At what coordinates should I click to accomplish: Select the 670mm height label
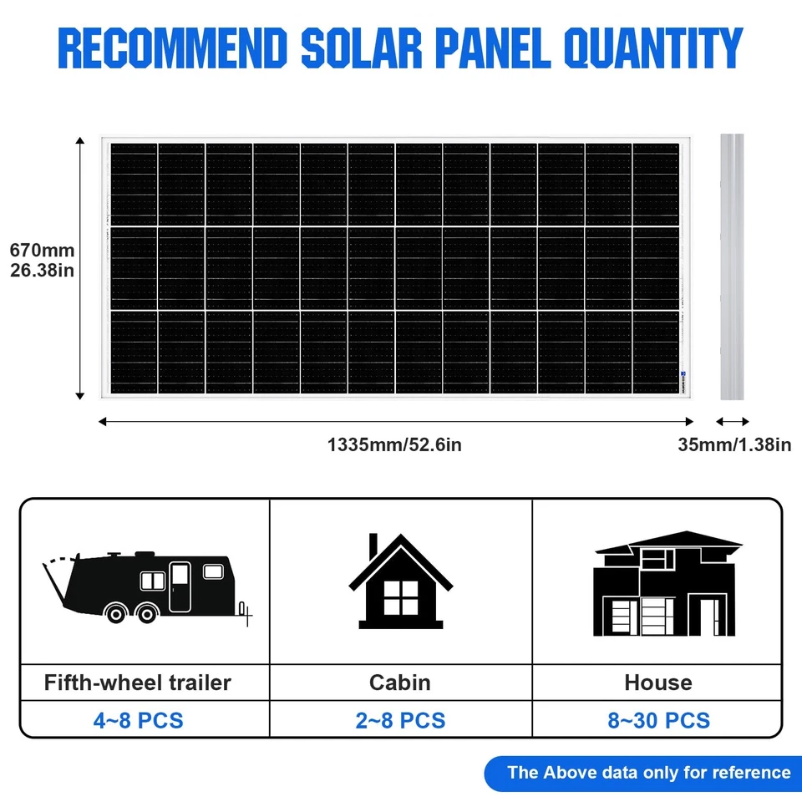42,250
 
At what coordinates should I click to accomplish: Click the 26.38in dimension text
42,270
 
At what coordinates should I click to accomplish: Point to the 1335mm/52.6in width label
394,444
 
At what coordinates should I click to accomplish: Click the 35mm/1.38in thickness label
734,444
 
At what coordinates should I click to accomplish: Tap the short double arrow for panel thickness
733,422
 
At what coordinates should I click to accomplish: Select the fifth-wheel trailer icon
146,585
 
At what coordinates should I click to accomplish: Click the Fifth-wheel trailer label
138,683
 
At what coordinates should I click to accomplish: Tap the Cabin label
400,683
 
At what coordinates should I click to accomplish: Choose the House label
658,683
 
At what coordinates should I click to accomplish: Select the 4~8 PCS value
138,720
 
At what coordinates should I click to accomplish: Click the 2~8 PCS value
400,720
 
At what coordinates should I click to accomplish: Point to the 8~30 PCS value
658,720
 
